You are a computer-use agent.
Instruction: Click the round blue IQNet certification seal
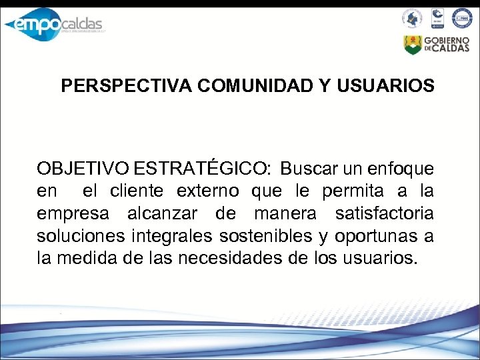click(x=461, y=18)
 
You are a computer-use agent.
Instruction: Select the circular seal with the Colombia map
click(x=412, y=18)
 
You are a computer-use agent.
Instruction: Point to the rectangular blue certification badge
click(x=437, y=18)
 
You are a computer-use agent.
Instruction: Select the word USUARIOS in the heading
click(x=387, y=87)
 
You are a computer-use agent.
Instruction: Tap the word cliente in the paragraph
click(x=137, y=191)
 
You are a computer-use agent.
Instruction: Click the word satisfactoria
click(x=384, y=213)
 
